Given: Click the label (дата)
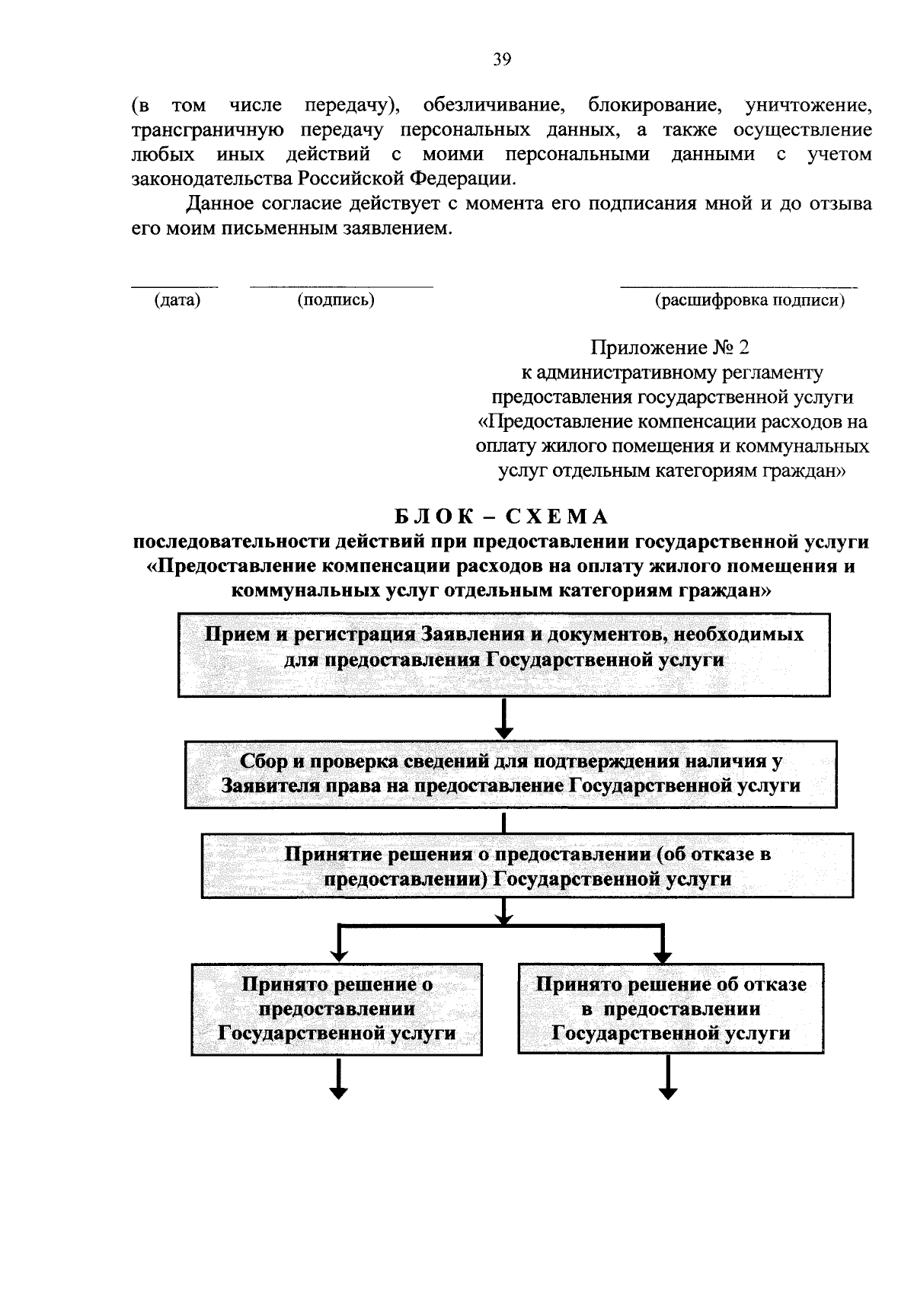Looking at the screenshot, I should coord(177,300).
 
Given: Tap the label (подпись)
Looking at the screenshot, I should coord(336,300).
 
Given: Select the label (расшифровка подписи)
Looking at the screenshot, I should coord(750,300).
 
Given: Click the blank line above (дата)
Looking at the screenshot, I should coord(174,287).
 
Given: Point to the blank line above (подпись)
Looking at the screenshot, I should coord(341,287).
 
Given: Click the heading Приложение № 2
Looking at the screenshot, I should coord(670,348).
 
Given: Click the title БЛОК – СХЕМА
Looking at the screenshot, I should coord(502,516).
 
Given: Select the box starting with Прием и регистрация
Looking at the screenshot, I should coord(503,654).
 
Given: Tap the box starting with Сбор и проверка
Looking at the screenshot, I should coord(510,773).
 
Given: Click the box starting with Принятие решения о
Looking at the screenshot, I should coord(527,865).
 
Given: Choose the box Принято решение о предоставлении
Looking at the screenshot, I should coord(336,1009).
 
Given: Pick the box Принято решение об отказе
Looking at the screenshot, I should coord(670,1009).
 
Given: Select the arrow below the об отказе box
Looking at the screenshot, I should coord(668,1077).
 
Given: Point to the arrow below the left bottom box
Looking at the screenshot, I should coord(338,1077).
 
